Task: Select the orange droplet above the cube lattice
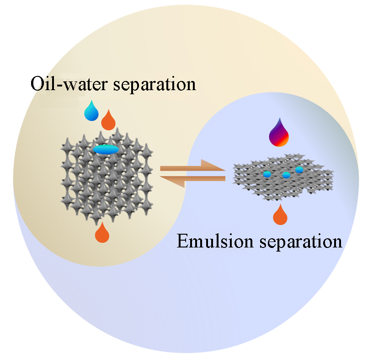(x=108, y=120)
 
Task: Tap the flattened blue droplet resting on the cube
(x=106, y=149)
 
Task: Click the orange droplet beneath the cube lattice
(x=102, y=233)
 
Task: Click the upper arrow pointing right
(x=193, y=167)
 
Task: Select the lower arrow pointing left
(x=193, y=179)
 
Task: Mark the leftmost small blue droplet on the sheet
(x=267, y=174)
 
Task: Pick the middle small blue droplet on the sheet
(x=286, y=175)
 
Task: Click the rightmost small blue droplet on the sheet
(x=299, y=170)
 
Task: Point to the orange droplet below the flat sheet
(x=280, y=215)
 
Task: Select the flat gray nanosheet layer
(x=283, y=181)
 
